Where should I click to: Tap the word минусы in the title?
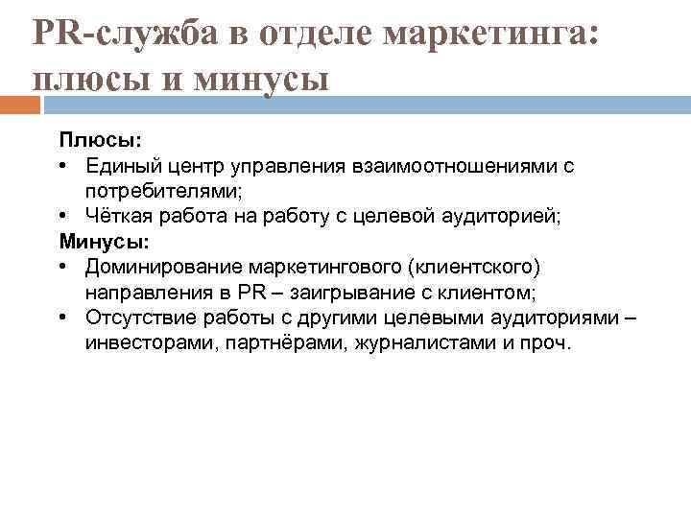pos(260,78)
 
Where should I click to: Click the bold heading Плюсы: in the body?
pos(94,141)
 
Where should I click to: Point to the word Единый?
pos(117,166)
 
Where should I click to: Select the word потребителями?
pos(179,191)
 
